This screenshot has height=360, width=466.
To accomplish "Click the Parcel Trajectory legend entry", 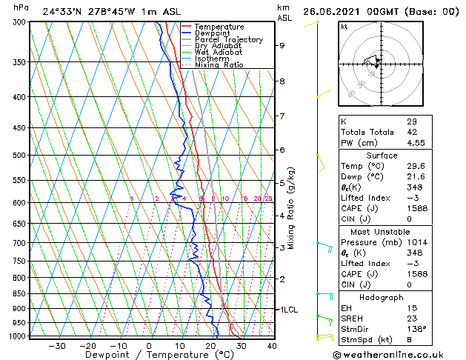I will coord(228,39).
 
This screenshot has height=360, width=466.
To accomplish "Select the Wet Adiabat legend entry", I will coord(219,52).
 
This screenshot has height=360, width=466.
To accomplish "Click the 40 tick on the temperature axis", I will coord(272,346).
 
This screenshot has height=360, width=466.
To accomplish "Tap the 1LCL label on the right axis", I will coord(287,309).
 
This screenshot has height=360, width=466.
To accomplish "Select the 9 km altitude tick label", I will coord(282,45).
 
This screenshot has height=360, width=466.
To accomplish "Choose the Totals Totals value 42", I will coord(411,132).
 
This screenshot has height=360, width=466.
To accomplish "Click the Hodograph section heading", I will coord(382,297).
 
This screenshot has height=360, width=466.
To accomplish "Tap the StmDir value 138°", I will coord(416,329).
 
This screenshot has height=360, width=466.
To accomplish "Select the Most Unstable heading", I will coord(382,231).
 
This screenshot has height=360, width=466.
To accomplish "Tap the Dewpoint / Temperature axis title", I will coord(150,356).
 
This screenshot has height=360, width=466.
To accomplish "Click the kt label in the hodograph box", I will coord(344,27).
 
